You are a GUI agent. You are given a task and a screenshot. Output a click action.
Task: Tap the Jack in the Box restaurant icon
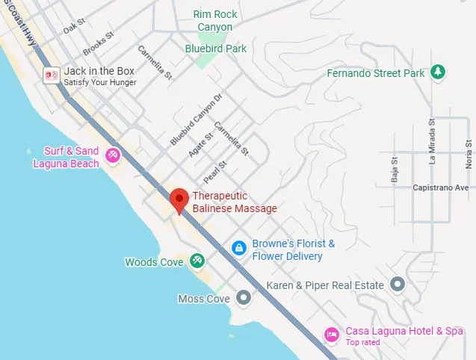52,75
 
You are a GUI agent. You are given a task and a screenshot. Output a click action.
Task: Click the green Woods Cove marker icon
197,261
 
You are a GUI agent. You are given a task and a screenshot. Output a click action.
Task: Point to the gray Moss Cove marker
244,298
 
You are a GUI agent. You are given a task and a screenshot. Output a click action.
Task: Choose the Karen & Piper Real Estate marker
398,285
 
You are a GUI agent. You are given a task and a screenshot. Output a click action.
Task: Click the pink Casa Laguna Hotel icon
331,334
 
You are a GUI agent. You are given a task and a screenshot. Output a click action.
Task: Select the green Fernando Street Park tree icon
440,72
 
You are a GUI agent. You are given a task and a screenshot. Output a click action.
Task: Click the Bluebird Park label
216,49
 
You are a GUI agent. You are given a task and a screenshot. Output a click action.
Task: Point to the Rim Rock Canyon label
215,20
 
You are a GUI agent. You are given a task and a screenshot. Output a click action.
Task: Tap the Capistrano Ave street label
441,187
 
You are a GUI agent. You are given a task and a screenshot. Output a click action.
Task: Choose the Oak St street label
74,26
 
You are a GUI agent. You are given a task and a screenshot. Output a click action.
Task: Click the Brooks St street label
98,43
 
